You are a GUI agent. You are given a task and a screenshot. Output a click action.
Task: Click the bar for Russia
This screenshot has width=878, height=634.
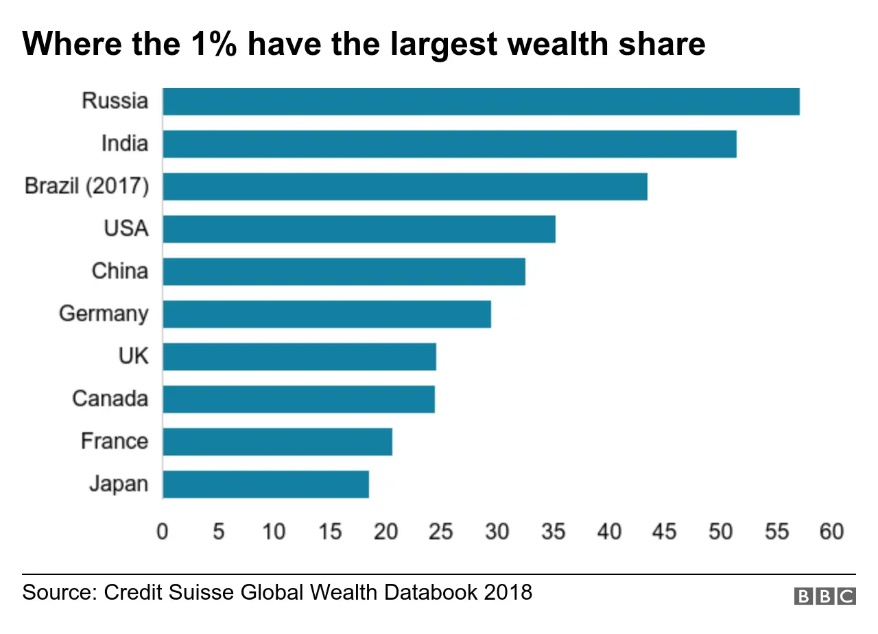(480, 102)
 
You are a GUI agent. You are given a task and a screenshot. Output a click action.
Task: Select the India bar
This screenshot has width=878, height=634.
(449, 144)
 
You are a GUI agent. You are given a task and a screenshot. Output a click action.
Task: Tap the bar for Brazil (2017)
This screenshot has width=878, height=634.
(405, 187)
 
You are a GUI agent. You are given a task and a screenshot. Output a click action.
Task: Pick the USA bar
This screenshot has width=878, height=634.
(359, 229)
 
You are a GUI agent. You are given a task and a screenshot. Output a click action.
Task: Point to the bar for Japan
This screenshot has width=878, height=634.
(265, 484)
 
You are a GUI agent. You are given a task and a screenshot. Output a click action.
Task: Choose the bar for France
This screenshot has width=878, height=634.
(277, 442)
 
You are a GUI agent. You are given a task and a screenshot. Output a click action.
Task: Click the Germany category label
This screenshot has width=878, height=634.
(104, 314)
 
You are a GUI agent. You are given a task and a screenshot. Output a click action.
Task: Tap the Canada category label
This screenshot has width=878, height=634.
(110, 399)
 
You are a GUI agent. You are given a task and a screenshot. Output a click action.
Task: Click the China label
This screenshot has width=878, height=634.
(119, 271)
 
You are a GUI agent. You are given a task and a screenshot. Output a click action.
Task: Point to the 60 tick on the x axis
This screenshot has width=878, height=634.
(831, 532)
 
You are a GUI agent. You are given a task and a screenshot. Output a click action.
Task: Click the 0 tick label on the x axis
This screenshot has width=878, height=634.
(163, 532)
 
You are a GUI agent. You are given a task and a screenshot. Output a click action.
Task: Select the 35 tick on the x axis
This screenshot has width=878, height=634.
(553, 532)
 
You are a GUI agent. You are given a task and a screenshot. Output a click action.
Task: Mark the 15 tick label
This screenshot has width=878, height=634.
(330, 532)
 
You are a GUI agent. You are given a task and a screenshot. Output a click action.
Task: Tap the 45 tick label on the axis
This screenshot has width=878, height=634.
(664, 532)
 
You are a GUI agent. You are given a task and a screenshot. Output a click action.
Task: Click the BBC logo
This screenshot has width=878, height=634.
(824, 596)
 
